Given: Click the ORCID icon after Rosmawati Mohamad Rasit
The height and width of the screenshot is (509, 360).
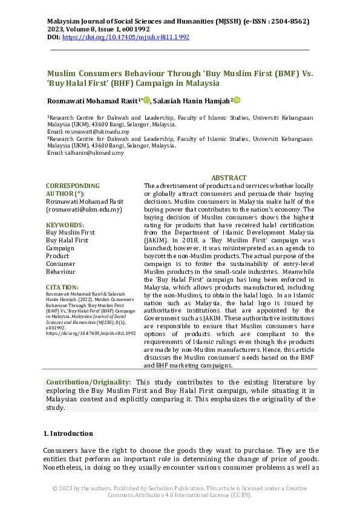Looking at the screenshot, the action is point(147,100).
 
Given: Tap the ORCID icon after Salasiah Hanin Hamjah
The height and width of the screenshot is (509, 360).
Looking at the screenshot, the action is point(237,100).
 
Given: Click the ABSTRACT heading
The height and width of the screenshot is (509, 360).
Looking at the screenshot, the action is point(229,178).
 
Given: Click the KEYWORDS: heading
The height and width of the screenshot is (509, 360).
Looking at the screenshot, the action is point(65,225).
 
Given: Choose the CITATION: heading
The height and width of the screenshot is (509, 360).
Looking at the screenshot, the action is point(62,287).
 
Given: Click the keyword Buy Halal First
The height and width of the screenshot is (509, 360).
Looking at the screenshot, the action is point(67,240).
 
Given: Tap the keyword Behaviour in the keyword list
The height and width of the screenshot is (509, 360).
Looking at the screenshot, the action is point(61,271).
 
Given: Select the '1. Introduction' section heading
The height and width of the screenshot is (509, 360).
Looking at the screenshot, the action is point(68,433).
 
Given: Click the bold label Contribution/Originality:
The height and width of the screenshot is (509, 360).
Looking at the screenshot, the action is point(88,382).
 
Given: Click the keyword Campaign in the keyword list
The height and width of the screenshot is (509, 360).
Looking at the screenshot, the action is point(61,248).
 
